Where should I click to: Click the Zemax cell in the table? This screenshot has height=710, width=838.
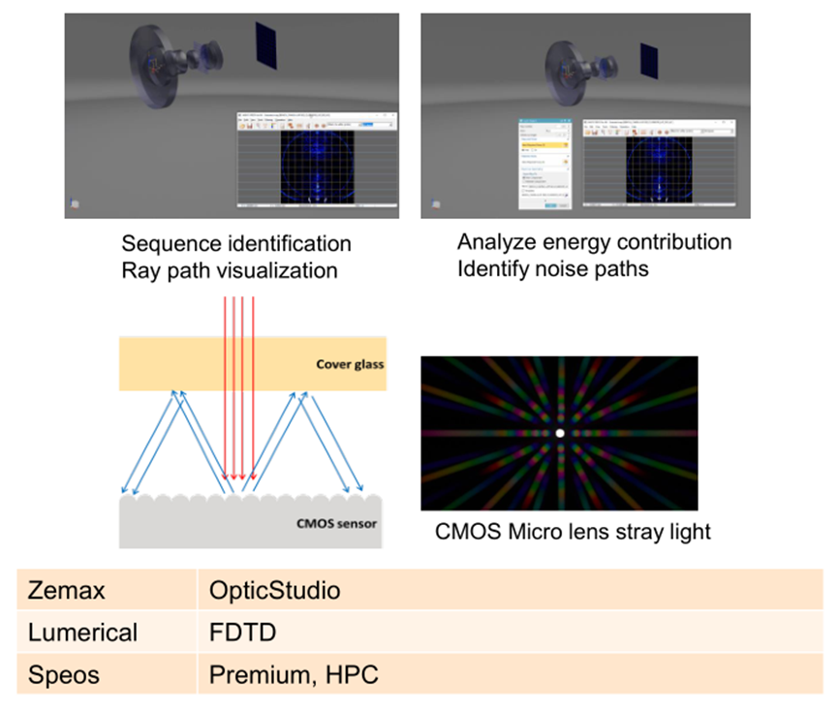62,590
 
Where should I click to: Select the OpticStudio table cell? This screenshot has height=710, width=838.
275,590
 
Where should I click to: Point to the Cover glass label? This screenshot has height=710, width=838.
349,365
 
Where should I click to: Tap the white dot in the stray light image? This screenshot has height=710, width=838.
559,433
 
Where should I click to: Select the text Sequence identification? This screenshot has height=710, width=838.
236,243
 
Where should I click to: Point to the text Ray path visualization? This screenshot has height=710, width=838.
230,270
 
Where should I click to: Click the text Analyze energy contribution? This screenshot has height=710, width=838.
594,241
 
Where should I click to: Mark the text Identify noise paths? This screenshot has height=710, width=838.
552,268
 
